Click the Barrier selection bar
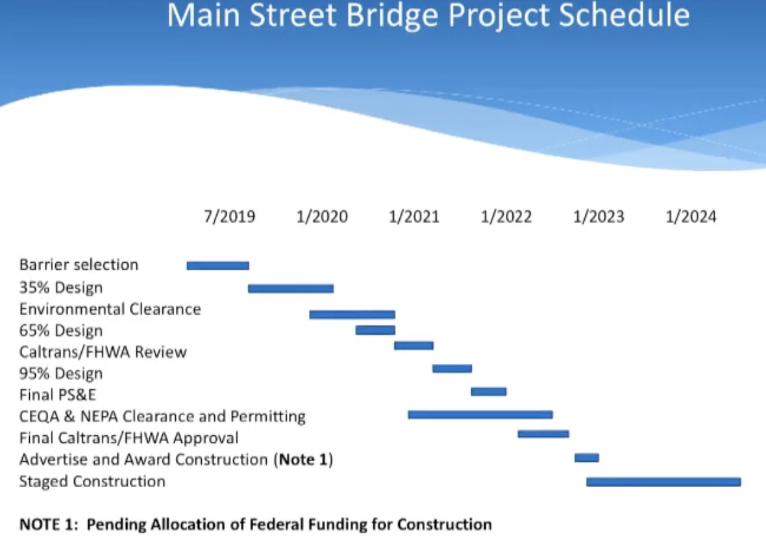point(218,265)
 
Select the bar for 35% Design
point(291,289)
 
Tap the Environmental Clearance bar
point(352,315)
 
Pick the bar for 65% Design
point(375,330)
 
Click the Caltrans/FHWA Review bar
point(414,346)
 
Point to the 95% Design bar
point(452,368)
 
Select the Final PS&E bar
point(489,391)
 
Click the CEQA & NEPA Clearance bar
point(480,415)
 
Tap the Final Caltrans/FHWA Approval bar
point(543,433)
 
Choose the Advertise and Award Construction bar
point(587,457)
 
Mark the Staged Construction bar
point(663,482)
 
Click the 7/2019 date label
point(230,216)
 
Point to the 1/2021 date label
point(414,216)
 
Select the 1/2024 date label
point(691,216)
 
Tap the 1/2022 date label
point(506,216)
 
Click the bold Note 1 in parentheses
point(303,459)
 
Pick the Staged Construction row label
point(92,482)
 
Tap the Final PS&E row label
point(58,394)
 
